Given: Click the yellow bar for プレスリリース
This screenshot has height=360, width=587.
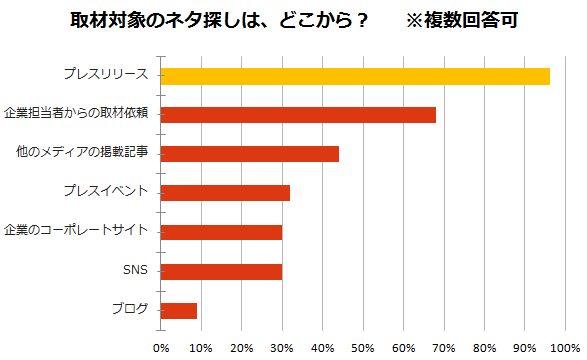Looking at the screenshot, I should tap(355, 76).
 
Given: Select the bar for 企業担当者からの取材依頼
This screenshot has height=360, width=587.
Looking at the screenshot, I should tap(298, 115).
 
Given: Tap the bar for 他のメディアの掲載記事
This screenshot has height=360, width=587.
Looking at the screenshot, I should tap(250, 154).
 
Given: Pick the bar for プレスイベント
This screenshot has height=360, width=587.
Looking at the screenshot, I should tap(225, 193).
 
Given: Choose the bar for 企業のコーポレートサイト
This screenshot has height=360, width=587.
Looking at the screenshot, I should tap(221, 232).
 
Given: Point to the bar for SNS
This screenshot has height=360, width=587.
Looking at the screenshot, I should tap(221, 271).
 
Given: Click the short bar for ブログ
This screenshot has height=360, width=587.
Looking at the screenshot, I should tap(179, 310).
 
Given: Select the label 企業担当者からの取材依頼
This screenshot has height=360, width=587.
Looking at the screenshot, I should tap(77, 114).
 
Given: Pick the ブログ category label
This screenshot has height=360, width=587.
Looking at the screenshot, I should tap(129, 309).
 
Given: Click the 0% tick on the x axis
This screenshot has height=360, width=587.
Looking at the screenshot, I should tap(161, 348).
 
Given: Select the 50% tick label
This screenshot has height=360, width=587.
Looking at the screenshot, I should tap(363, 348).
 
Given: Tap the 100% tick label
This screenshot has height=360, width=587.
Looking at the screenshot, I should tap(566, 348).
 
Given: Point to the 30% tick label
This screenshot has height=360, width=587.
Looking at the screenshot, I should tap(282, 348).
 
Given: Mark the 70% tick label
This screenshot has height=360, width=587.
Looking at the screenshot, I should tap(444, 348).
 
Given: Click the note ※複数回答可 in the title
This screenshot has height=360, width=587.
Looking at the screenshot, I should tap(462, 20).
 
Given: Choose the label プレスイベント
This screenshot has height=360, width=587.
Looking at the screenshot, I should tap(104, 192).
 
